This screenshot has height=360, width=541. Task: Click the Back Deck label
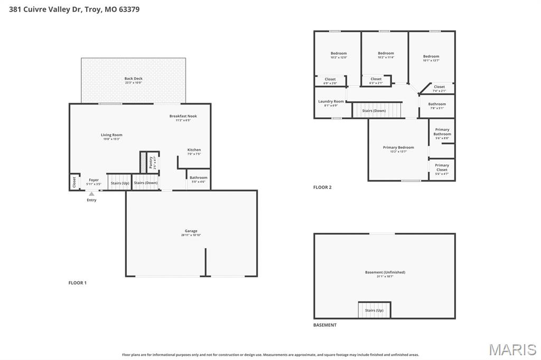[133, 79]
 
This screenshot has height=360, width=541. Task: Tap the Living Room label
[111, 135]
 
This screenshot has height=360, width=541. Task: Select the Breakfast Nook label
[183, 116]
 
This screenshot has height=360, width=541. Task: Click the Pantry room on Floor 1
[152, 162]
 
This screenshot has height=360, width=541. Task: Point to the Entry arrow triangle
[91, 194]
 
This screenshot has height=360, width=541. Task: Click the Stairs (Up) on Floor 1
[119, 183]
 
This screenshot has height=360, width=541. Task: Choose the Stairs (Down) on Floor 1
[145, 183]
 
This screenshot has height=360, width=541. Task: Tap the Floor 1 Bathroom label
[199, 178]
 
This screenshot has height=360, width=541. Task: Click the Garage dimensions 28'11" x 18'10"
[191, 235]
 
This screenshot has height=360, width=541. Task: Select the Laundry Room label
[331, 101]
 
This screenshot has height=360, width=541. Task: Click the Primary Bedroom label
[398, 148]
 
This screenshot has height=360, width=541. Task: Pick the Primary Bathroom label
[442, 131]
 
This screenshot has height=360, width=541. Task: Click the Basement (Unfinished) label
[385, 272]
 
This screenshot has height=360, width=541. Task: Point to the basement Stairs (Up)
[374, 310]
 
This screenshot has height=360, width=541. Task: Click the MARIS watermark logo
[512, 349]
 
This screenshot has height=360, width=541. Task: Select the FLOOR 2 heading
[322, 187]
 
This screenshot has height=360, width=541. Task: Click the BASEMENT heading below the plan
[325, 325]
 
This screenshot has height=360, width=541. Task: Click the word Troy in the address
[93, 9]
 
